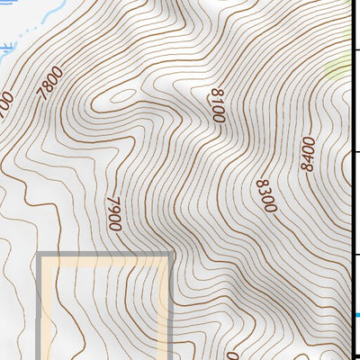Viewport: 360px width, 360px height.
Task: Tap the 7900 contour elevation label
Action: coord(113,214)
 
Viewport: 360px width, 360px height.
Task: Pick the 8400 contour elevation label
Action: coord(309,153)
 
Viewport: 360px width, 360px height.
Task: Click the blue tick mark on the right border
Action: coord(356,315)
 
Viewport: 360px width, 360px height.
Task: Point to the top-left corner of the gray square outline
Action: coord(40,257)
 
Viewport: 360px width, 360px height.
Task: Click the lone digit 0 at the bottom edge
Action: coord(232,355)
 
